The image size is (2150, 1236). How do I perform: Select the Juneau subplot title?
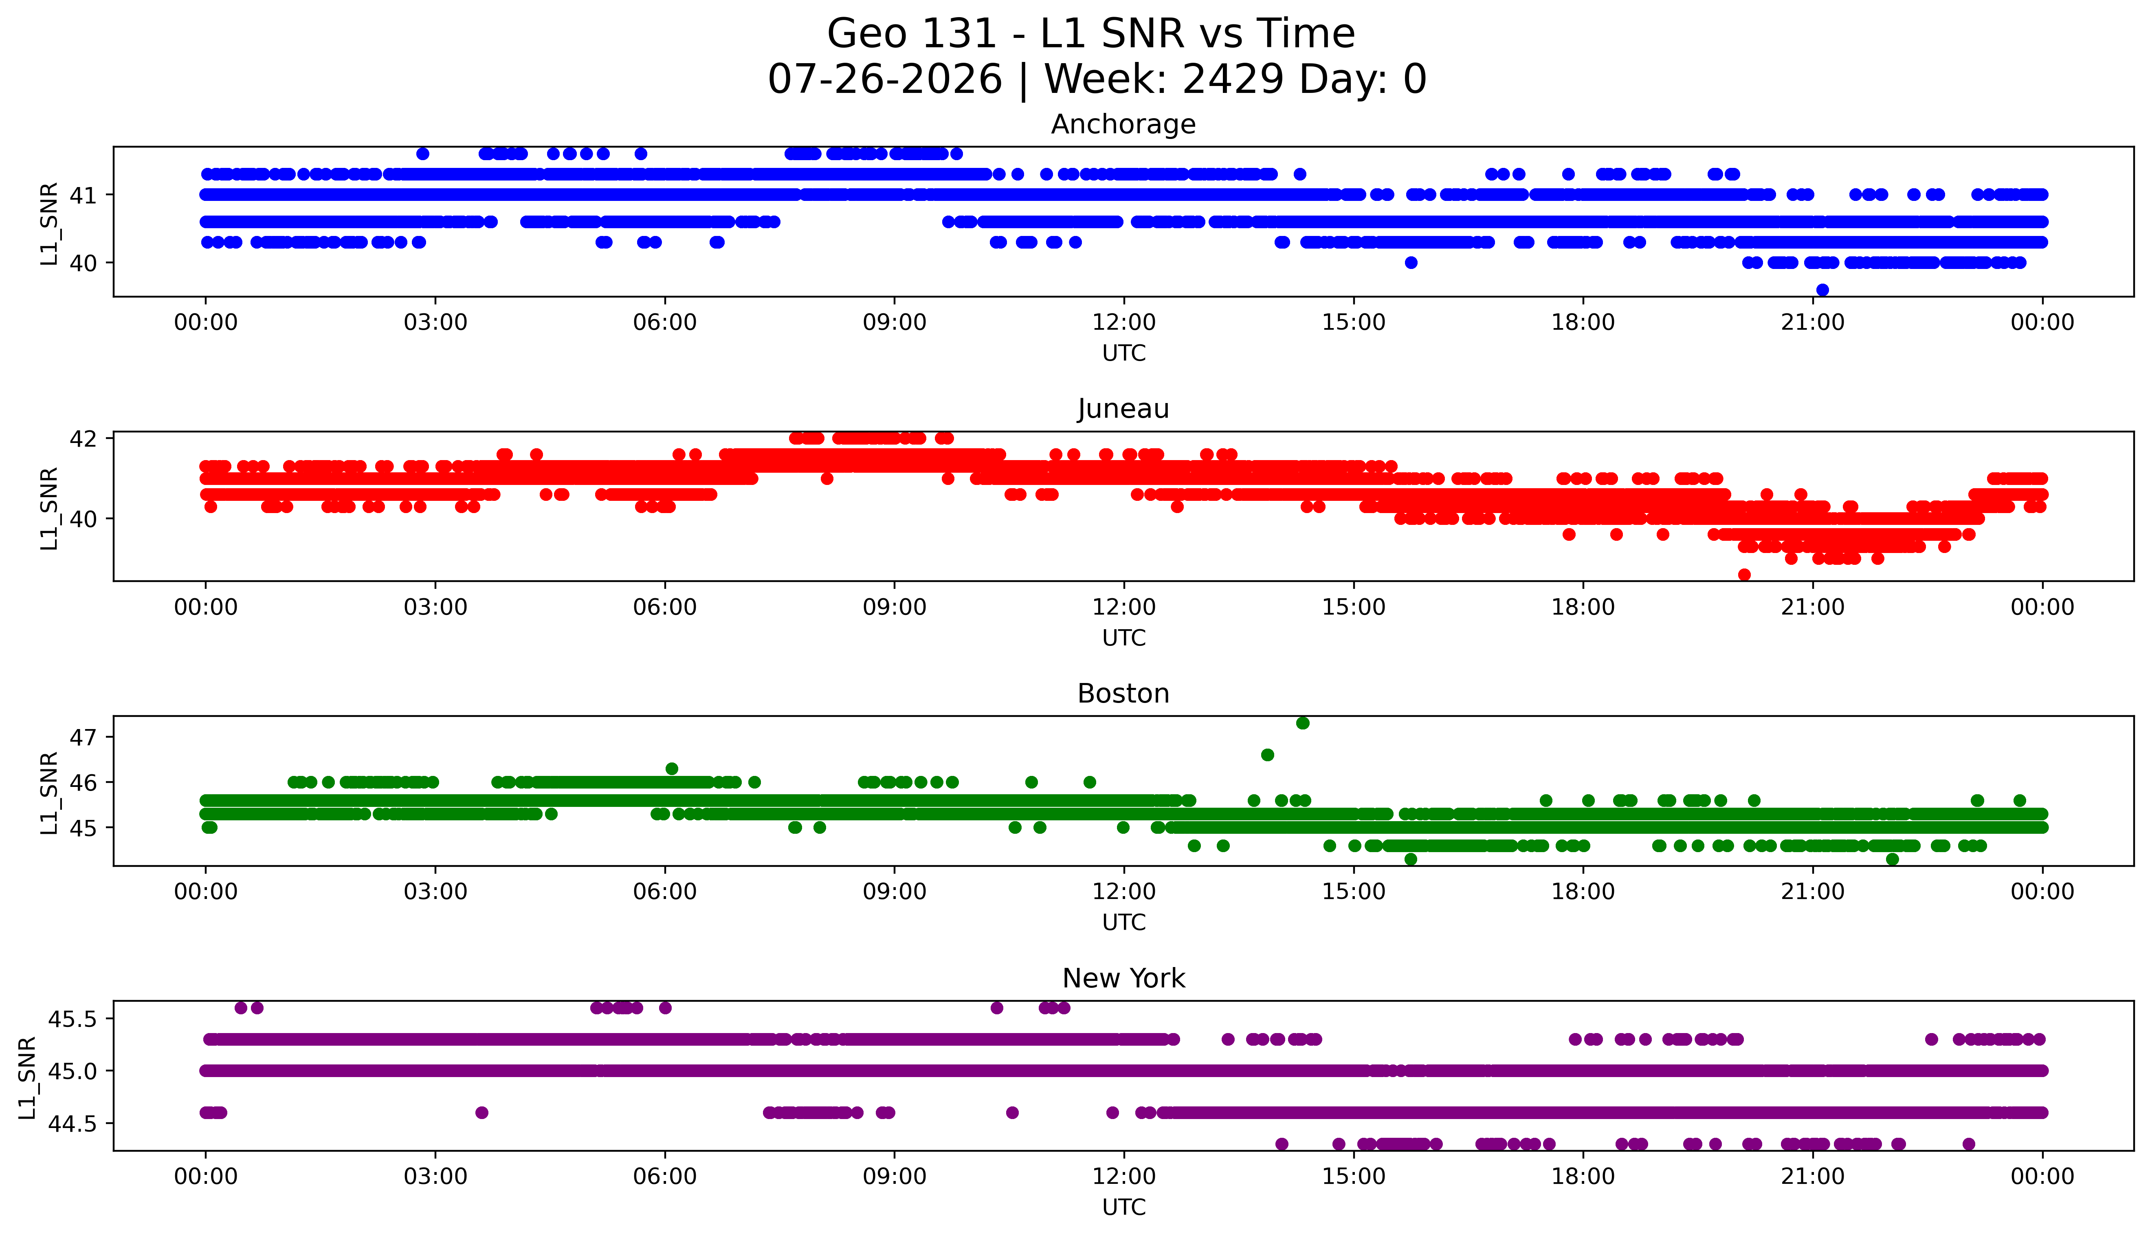click(x=1123, y=409)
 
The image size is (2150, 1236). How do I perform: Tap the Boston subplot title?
click(x=1123, y=694)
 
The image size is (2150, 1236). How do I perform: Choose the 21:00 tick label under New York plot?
click(x=1813, y=1177)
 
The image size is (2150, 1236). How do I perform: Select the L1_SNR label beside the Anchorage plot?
click(x=49, y=223)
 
